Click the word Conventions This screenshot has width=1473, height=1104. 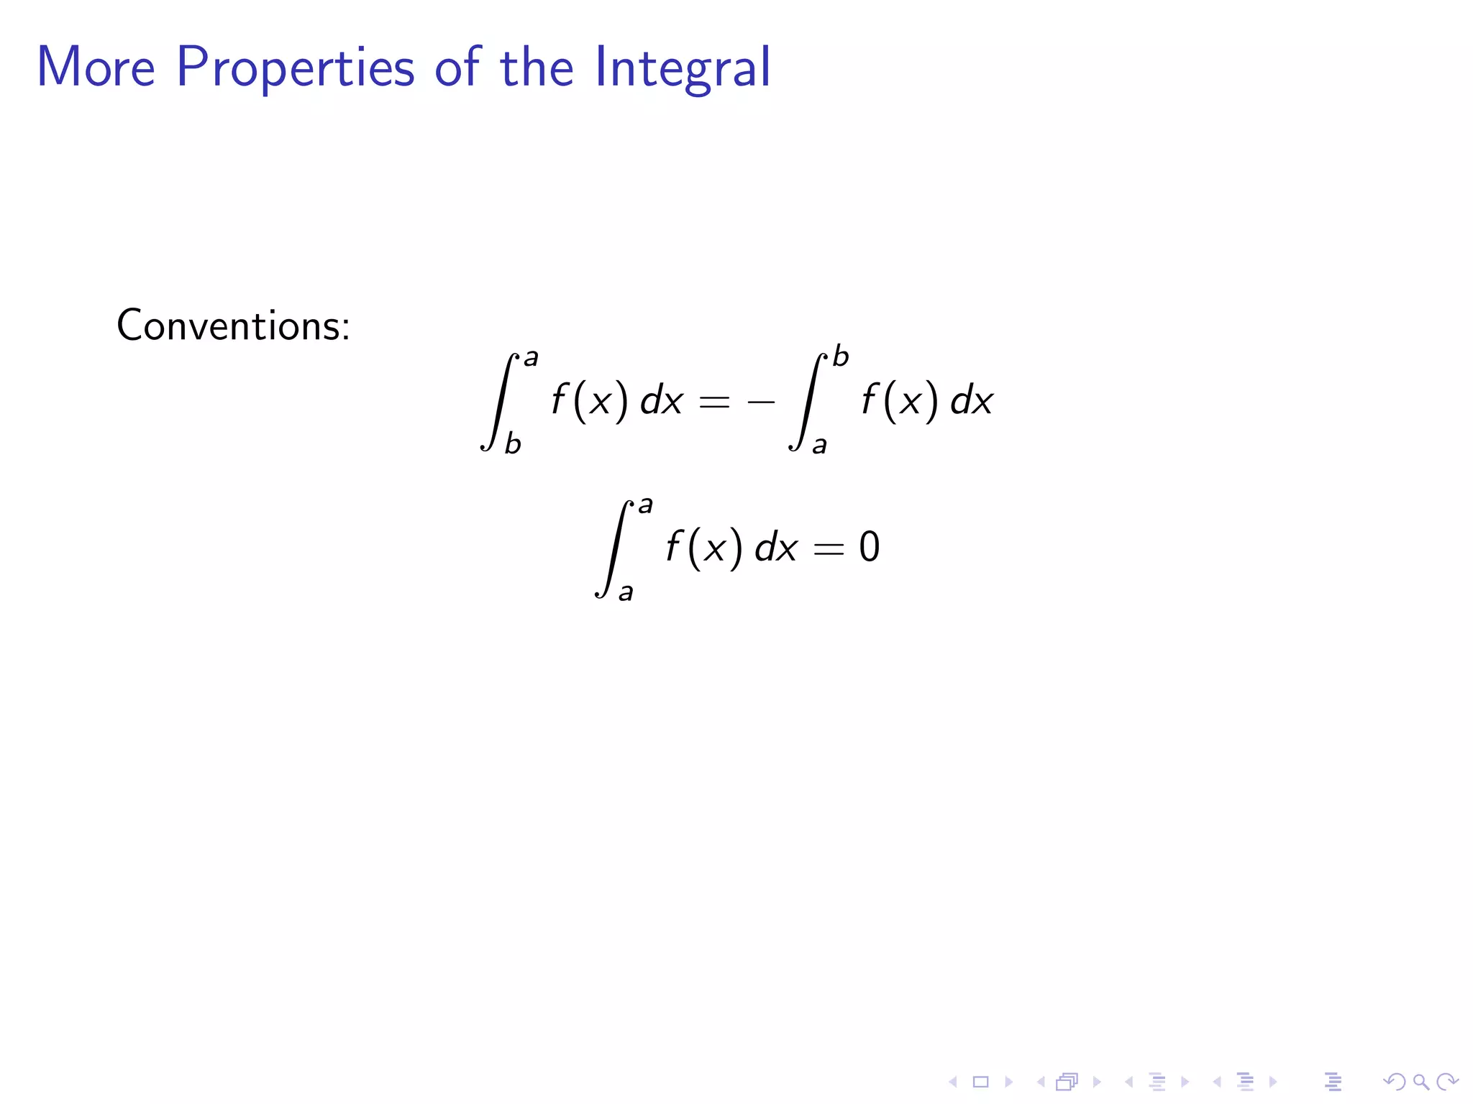[233, 326]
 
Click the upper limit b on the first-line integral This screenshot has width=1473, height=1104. [841, 356]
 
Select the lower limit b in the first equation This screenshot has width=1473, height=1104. [512, 443]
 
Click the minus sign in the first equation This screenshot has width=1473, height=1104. [761, 402]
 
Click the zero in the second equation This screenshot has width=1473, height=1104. [869, 547]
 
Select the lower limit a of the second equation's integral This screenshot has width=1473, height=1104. [626, 592]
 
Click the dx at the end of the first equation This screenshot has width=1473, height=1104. [971, 400]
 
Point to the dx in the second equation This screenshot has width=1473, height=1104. [775, 548]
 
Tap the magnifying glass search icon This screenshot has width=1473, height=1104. [1420, 1082]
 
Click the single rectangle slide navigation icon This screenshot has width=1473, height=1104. [980, 1082]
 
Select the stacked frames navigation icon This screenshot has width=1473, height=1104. [1067, 1082]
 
